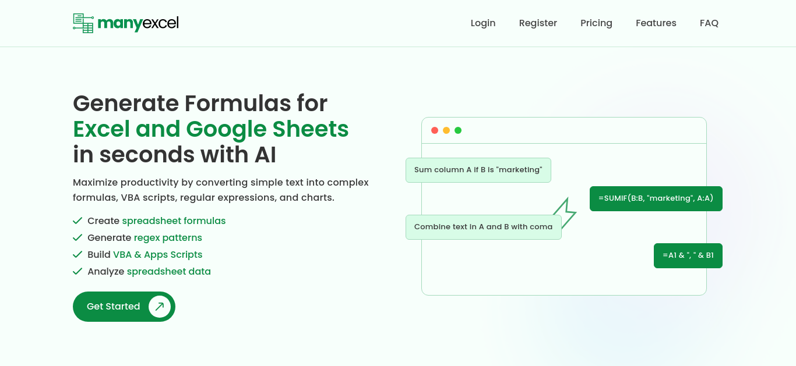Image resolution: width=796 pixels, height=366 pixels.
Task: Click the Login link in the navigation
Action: pyautogui.click(x=483, y=23)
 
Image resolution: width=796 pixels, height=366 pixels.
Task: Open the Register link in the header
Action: pyautogui.click(x=538, y=23)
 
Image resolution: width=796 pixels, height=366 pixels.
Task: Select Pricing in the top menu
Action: pyautogui.click(x=596, y=23)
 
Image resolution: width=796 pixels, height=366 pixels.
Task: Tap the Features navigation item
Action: pyautogui.click(x=656, y=23)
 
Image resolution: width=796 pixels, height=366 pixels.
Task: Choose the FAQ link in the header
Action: pyautogui.click(x=709, y=23)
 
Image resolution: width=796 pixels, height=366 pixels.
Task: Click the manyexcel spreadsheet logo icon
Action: pyautogui.click(x=83, y=23)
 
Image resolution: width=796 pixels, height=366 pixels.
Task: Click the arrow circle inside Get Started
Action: pyautogui.click(x=160, y=307)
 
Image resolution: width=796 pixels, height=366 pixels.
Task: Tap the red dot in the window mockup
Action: pyautogui.click(x=435, y=130)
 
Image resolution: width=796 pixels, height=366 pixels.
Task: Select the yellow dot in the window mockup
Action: pyautogui.click(x=446, y=130)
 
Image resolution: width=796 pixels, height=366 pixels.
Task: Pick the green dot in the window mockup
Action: pyautogui.click(x=458, y=130)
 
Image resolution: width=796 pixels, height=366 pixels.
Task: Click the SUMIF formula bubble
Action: pyautogui.click(x=656, y=198)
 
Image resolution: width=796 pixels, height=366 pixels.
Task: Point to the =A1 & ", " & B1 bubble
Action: pyautogui.click(x=688, y=255)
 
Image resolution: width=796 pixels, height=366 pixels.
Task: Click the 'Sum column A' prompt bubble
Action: pyautogui.click(x=478, y=170)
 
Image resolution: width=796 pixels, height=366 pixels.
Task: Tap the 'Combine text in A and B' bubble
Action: pyautogui.click(x=484, y=227)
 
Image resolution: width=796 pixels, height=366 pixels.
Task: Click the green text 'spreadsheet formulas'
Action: pyautogui.click(x=174, y=221)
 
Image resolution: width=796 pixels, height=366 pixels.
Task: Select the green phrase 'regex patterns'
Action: pyautogui.click(x=168, y=237)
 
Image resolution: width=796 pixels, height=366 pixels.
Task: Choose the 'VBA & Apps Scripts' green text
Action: pyautogui.click(x=158, y=254)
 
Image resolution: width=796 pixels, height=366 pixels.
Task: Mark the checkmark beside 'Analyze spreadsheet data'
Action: pyautogui.click(x=78, y=271)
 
